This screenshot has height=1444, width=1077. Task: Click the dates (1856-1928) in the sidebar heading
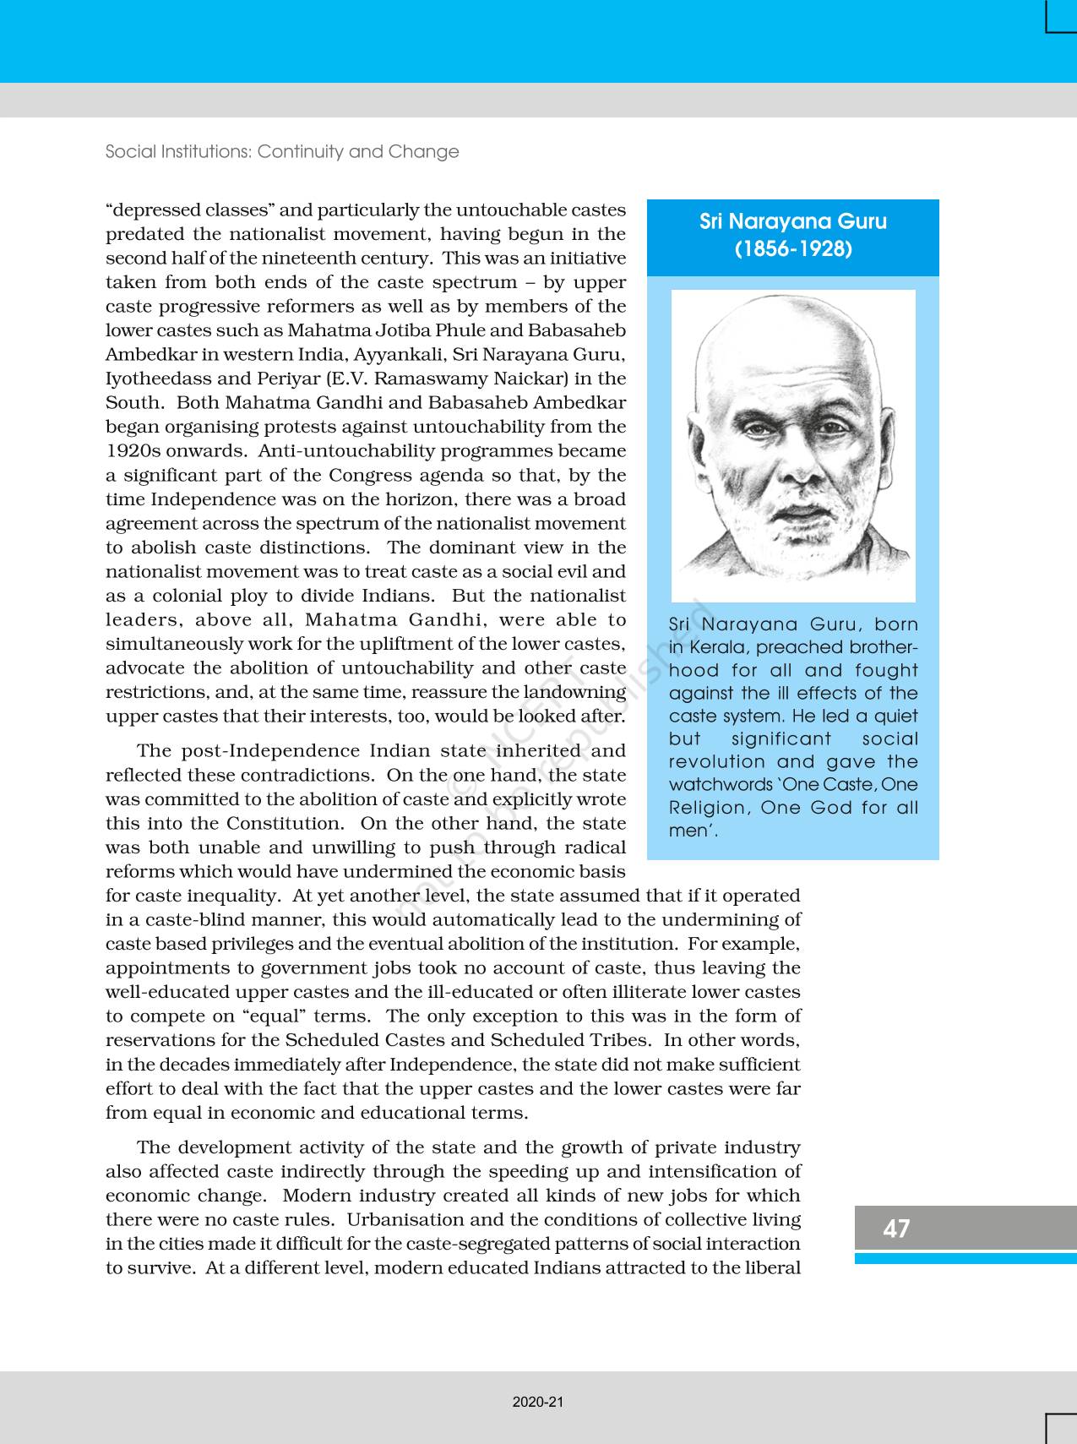click(792, 249)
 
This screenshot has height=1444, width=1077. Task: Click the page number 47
click(895, 1228)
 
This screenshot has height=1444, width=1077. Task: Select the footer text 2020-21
click(537, 1402)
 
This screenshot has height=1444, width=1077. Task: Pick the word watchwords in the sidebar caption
click(721, 785)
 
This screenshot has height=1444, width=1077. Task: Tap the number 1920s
click(131, 451)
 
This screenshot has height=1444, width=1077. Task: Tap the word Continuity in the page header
click(300, 152)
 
